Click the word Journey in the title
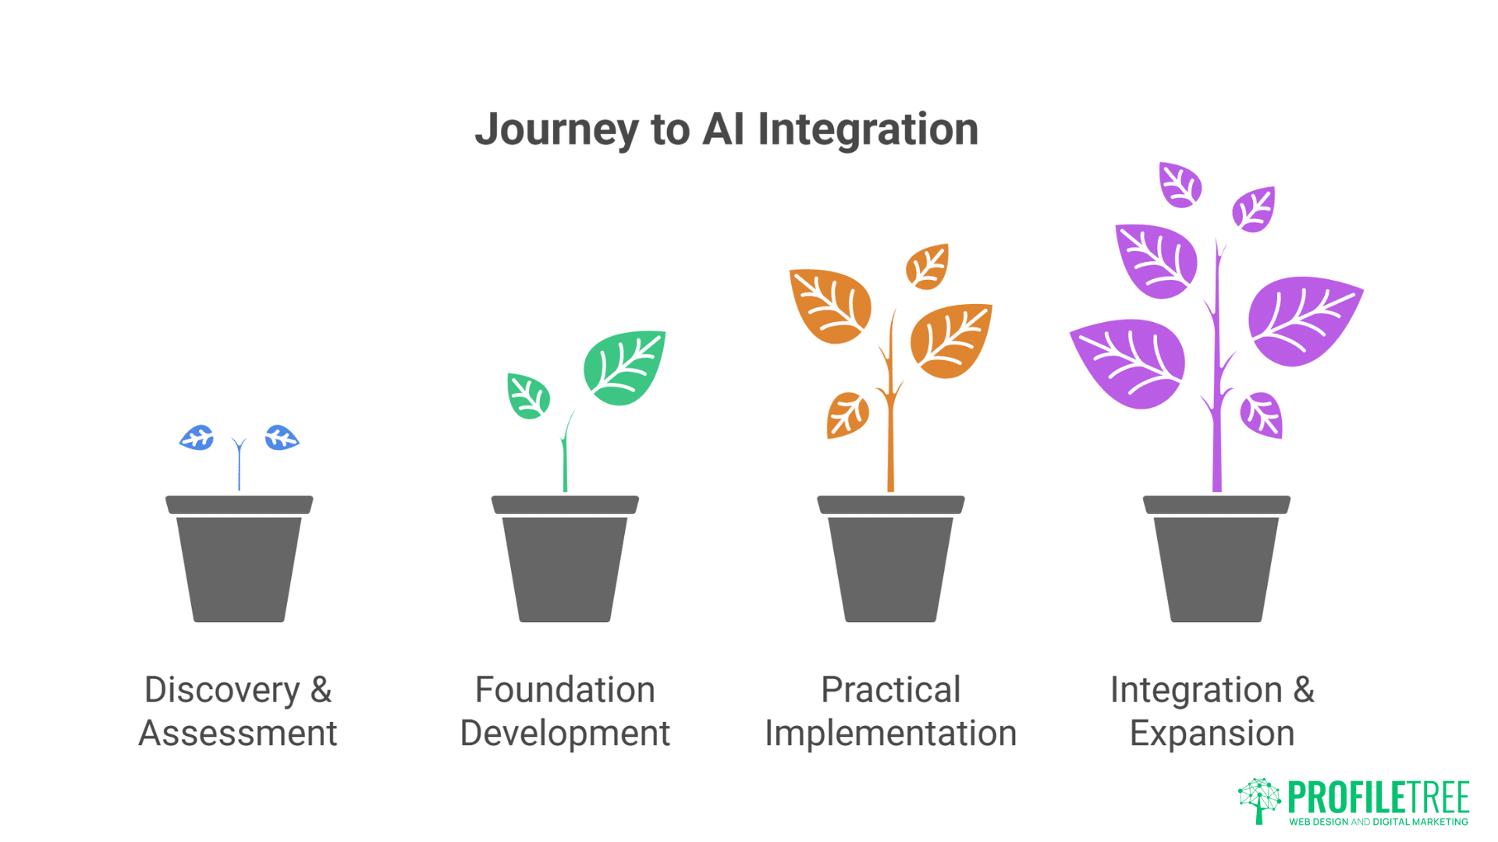[x=556, y=129]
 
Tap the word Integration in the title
[x=868, y=129]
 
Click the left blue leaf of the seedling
[x=197, y=438]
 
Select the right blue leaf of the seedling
[x=281, y=438]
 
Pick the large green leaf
[x=625, y=368]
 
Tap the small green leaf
[x=528, y=396]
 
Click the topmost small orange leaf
[x=927, y=267]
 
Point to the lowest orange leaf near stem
[x=847, y=415]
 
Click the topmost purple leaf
[x=1180, y=185]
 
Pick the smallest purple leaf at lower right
[x=1262, y=415]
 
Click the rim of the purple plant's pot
[x=1216, y=504]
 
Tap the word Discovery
[x=222, y=691]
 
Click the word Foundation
[x=565, y=691]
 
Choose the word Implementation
[x=890, y=734]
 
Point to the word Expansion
[x=1212, y=734]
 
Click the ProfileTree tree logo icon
[x=1258, y=799]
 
